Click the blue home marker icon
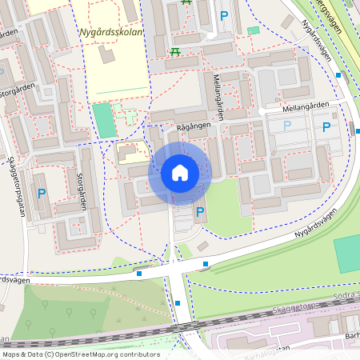coord(180,173)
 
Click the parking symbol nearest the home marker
coord(200,212)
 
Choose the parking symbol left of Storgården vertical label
coord(42,192)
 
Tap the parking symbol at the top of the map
coord(224,16)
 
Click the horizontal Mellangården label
coord(306,106)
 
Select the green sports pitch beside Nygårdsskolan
coord(104,120)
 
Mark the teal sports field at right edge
coord(347,254)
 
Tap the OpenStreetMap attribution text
coord(80,354)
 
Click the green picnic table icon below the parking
coord(174,52)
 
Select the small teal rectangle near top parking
coord(254,30)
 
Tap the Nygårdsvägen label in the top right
coord(319,37)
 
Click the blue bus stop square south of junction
coord(178,303)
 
